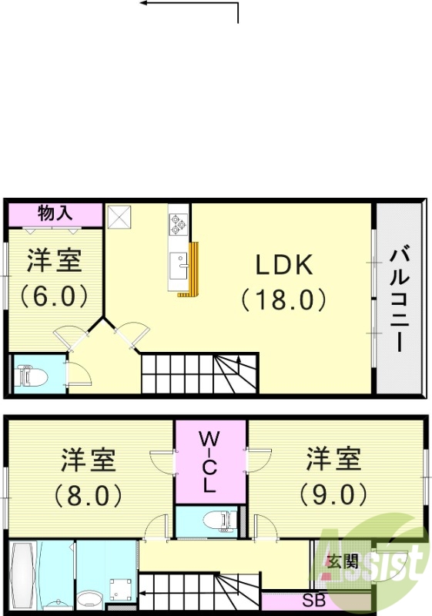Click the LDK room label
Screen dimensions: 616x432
[x=283, y=265]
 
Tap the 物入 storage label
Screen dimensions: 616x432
[x=55, y=213]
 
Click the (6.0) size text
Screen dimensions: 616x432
[x=54, y=296]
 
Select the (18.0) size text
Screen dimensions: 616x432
[x=283, y=299]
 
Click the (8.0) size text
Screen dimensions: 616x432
[x=89, y=494]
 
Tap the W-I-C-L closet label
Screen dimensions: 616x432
[x=209, y=462]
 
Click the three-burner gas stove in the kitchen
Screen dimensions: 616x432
[x=179, y=225]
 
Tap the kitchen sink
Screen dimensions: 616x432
[x=180, y=268]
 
